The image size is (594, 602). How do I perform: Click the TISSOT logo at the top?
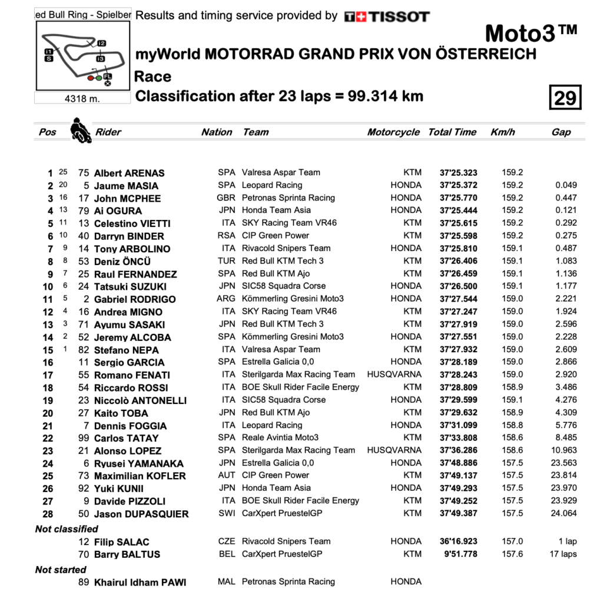[387, 16]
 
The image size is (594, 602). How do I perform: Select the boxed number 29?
[565, 98]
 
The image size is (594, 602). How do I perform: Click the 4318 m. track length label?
[82, 99]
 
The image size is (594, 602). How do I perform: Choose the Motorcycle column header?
[393, 132]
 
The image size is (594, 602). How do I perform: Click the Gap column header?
[561, 132]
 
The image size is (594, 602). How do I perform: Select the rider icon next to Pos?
[81, 131]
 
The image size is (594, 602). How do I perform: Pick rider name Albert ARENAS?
[129, 173]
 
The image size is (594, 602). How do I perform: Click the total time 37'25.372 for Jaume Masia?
[458, 186]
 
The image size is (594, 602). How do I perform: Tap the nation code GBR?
[226, 198]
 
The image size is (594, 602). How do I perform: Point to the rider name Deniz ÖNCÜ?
[122, 262]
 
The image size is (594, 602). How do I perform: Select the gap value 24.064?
[564, 514]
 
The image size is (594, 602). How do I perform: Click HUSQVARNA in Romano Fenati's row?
[394, 374]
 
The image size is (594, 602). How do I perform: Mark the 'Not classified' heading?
[67, 529]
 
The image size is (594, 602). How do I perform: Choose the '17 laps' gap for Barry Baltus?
[564, 554]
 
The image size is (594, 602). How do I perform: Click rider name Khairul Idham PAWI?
[140, 583]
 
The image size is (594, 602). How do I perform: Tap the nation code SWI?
[226, 514]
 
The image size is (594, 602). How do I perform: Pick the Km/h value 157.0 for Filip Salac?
[512, 541]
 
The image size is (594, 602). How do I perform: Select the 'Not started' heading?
[61, 570]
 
